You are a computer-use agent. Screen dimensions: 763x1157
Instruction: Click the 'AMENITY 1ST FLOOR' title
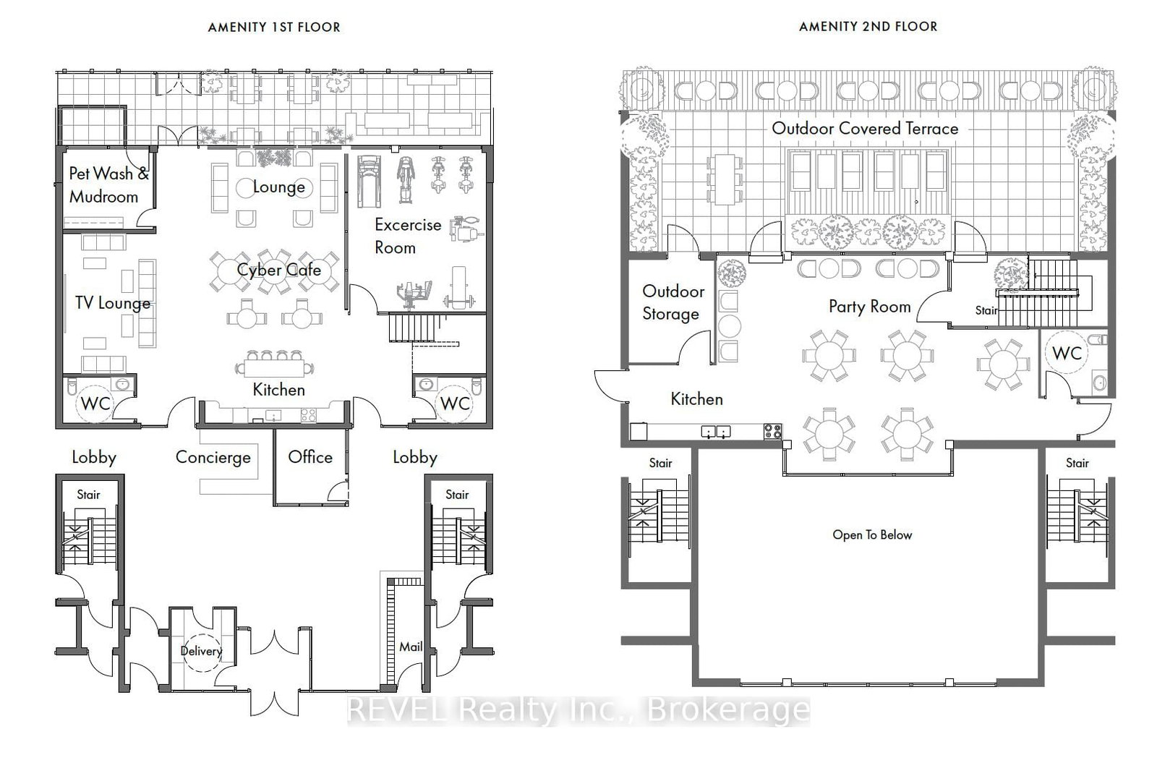click(273, 27)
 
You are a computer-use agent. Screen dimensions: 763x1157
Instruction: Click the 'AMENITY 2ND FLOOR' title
click(868, 27)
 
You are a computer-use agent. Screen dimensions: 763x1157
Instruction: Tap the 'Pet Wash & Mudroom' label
click(108, 185)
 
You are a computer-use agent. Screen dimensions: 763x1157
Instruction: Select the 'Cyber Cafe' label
click(279, 270)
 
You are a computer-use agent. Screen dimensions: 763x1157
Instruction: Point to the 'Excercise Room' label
click(407, 236)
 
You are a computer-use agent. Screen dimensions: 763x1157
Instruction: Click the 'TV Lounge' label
click(113, 302)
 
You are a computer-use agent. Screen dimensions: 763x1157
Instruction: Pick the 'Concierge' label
click(213, 457)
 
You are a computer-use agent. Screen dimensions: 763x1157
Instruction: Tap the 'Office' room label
click(310, 456)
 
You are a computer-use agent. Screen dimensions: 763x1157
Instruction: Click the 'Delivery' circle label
click(201, 651)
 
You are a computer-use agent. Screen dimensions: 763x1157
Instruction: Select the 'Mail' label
click(411, 647)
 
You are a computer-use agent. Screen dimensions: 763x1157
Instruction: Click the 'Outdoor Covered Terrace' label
click(865, 129)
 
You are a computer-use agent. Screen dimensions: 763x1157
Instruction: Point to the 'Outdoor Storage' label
click(673, 302)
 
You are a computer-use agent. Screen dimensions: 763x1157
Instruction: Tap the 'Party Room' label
click(869, 307)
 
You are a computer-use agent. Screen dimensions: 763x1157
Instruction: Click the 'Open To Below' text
click(872, 535)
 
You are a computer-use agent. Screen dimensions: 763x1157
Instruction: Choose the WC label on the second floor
click(1067, 354)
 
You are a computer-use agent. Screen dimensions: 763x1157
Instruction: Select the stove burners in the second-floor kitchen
click(773, 432)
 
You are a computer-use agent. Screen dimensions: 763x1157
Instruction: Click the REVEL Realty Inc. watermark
click(578, 710)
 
